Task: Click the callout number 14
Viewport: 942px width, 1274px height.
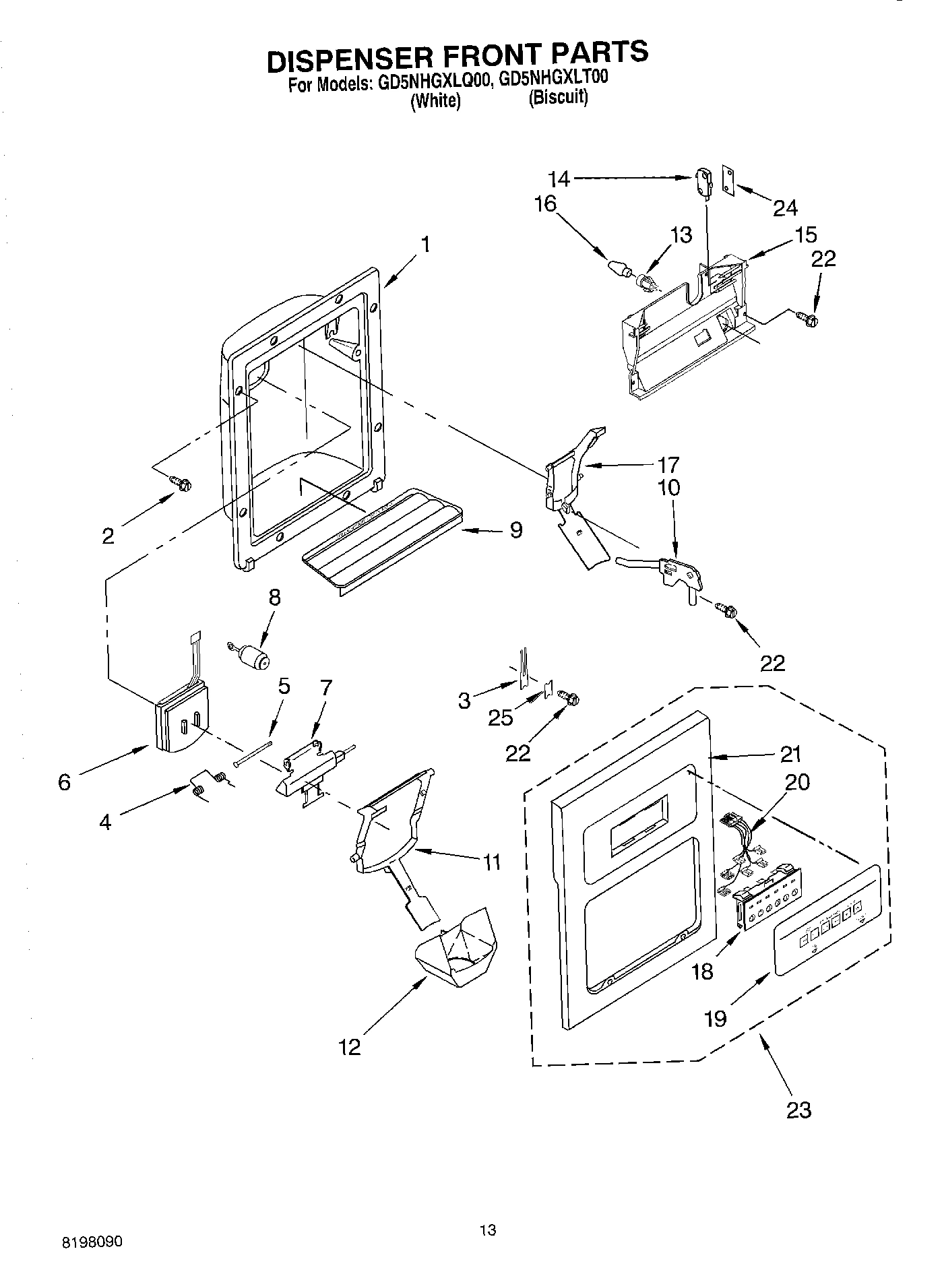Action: tap(559, 179)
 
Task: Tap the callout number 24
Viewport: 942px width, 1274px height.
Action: tap(785, 208)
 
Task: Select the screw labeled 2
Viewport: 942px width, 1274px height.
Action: tap(181, 483)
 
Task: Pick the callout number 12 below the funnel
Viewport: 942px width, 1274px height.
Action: tap(350, 1046)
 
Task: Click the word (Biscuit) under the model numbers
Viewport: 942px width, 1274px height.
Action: tap(558, 98)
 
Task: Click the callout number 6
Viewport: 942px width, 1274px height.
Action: tap(65, 782)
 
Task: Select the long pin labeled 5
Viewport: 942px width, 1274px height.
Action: tap(253, 753)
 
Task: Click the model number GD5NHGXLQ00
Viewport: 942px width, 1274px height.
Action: tap(433, 84)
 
